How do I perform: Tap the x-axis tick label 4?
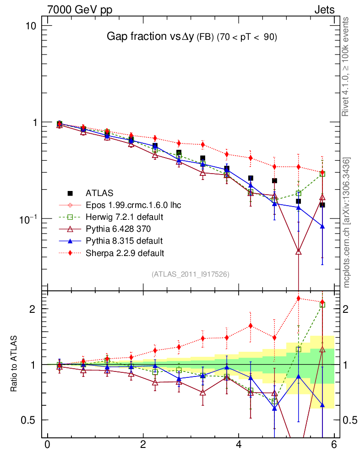point(239,445)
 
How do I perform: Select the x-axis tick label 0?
point(47,445)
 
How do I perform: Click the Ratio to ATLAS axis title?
point(14,364)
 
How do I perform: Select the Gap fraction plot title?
point(191,37)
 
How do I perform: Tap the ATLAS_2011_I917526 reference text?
point(191,274)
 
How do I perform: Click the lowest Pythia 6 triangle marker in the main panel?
point(299,251)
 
